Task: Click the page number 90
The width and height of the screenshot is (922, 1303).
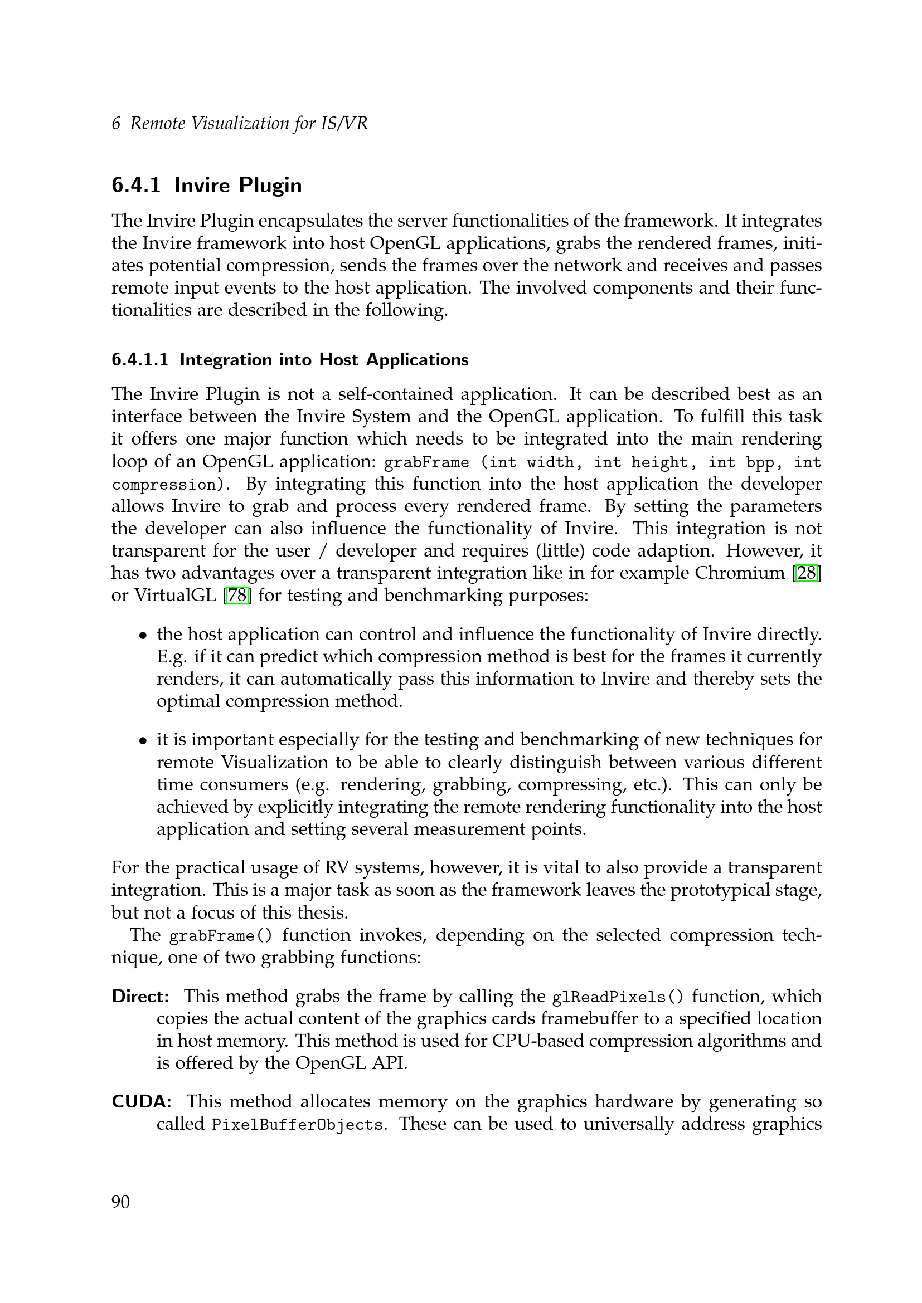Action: [x=120, y=1202]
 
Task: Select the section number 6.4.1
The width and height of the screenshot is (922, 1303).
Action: [x=135, y=186]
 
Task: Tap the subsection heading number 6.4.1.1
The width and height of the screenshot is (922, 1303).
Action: [x=140, y=360]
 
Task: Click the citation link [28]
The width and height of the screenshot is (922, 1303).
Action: [x=806, y=573]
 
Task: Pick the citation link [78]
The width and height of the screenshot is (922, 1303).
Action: [x=239, y=596]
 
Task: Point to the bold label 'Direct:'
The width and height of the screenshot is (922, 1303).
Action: [x=140, y=996]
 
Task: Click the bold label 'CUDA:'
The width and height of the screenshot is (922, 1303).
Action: [x=142, y=1101]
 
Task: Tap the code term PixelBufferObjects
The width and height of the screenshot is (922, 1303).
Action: [x=297, y=1125]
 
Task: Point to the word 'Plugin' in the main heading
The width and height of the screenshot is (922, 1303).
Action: [x=270, y=186]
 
